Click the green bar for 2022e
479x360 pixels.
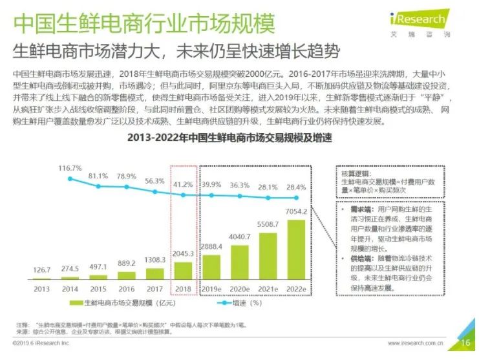point(297,248)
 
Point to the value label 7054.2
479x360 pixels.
point(296,212)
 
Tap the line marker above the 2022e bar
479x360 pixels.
point(297,198)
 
